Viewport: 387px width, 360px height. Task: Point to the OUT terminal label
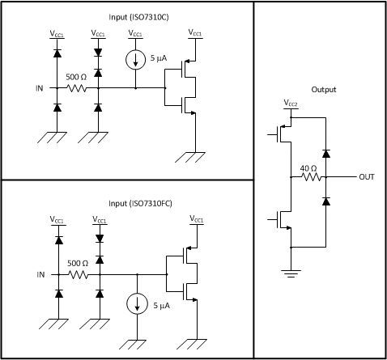[367, 176]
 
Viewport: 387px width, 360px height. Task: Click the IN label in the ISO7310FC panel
[40, 274]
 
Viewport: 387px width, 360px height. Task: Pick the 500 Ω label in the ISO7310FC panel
[77, 264]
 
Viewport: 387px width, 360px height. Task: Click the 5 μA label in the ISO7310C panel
[160, 59]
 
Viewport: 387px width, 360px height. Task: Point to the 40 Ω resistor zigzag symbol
[308, 176]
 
